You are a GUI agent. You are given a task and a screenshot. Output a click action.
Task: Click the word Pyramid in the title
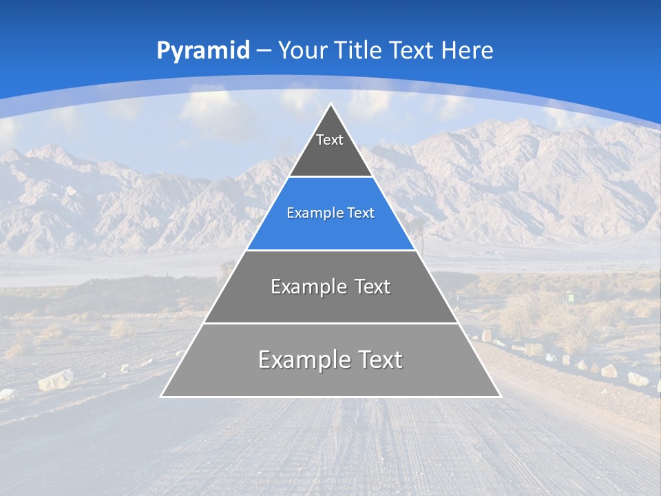(x=202, y=50)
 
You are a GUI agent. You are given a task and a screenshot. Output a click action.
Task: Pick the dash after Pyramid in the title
(x=264, y=51)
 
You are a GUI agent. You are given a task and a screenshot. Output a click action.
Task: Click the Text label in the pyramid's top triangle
(x=329, y=140)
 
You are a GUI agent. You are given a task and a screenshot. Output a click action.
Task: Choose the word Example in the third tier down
(x=302, y=287)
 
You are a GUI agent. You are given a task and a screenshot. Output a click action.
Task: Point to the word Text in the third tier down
(x=372, y=287)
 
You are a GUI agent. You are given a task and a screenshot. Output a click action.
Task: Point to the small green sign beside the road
(x=570, y=297)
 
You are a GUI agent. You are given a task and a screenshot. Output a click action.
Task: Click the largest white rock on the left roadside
(x=55, y=380)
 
